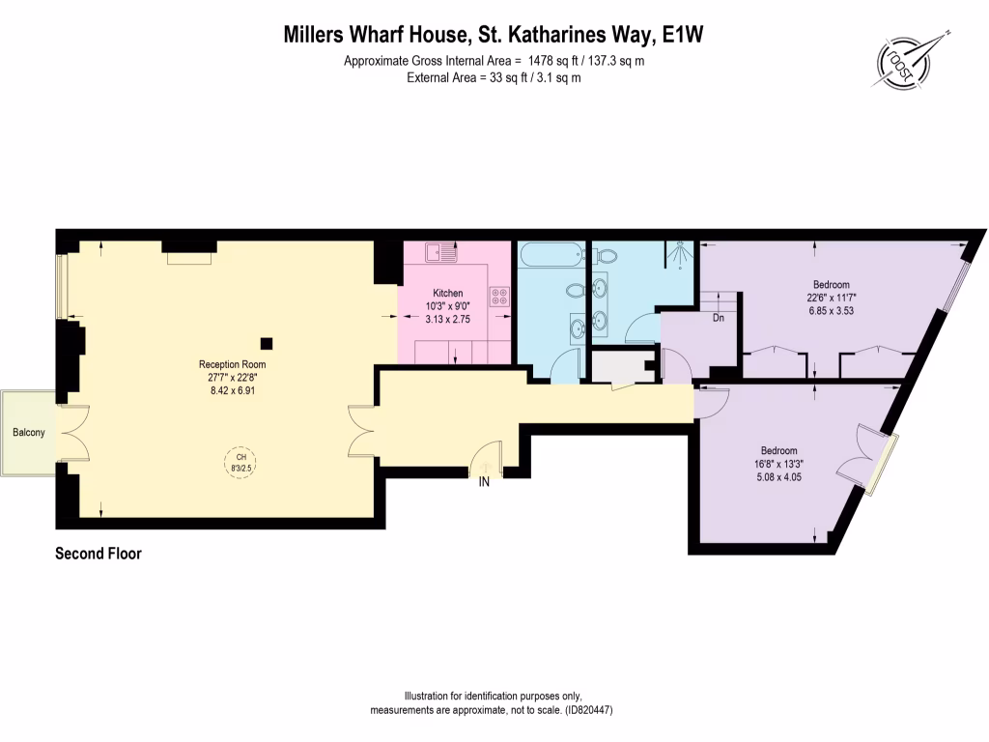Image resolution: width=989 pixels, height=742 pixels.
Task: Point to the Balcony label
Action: click(x=28, y=433)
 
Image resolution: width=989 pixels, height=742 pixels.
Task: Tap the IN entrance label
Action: click(x=485, y=482)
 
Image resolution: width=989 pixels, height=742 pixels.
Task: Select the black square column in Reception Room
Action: click(x=266, y=342)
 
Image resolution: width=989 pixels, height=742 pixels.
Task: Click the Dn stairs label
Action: click(x=718, y=318)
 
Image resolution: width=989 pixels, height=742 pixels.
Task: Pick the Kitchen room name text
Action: click(x=447, y=294)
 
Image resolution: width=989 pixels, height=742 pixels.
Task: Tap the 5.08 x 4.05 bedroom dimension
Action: click(x=778, y=475)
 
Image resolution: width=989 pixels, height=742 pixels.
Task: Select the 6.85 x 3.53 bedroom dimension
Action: click(x=831, y=311)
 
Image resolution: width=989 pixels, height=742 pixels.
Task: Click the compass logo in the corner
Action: click(x=909, y=59)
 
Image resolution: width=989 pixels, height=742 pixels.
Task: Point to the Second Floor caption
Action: click(x=99, y=554)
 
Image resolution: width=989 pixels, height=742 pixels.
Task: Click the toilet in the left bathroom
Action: click(x=576, y=291)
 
